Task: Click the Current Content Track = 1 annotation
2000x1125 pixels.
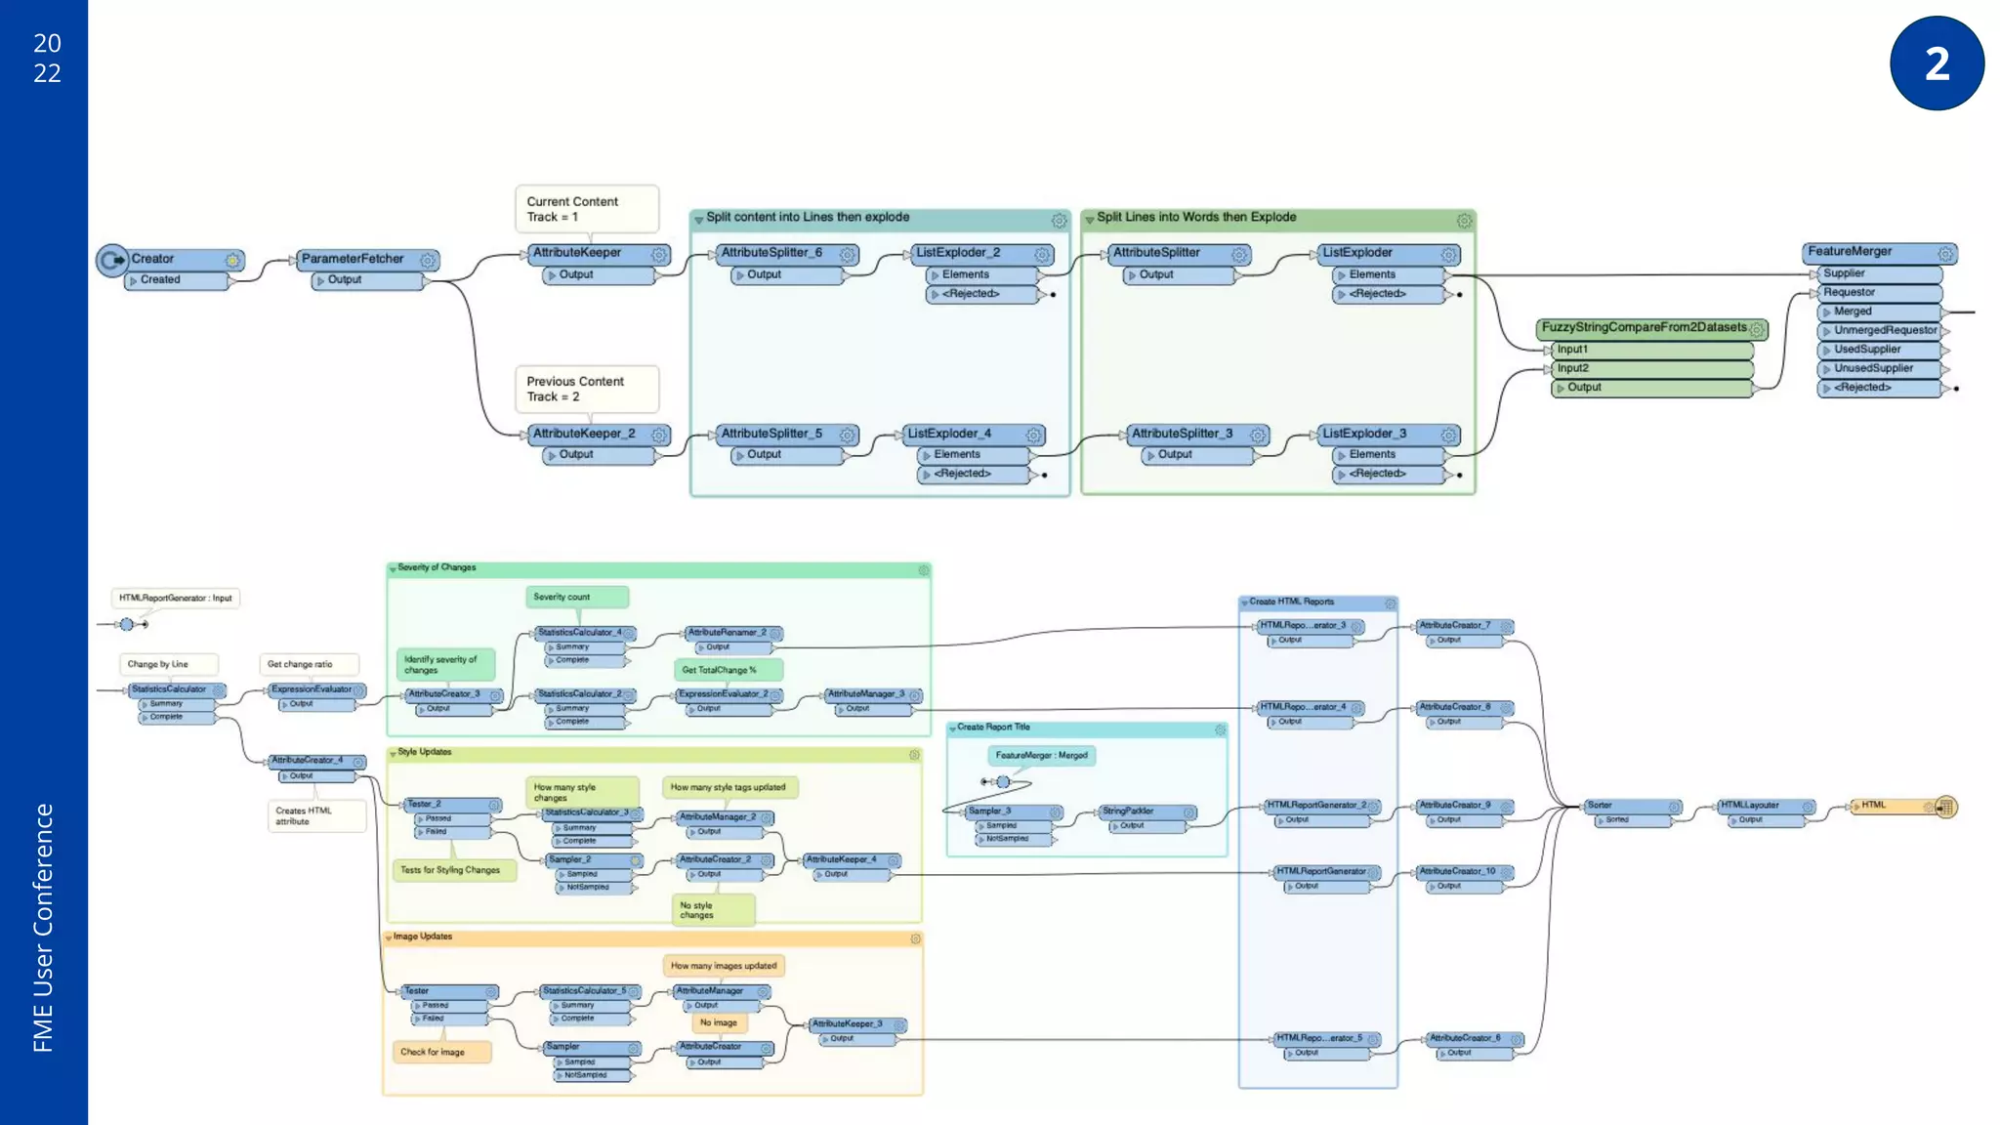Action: pyautogui.click(x=586, y=209)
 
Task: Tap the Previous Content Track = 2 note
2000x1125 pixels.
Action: pyautogui.click(x=586, y=389)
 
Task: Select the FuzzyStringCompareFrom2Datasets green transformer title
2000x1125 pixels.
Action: pyautogui.click(x=1645, y=328)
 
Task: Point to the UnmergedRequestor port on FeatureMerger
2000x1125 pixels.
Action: pyautogui.click(x=1884, y=331)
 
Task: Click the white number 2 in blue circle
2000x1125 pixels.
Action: pyautogui.click(x=1937, y=63)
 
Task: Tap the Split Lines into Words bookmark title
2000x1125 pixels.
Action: pyautogui.click(x=1196, y=218)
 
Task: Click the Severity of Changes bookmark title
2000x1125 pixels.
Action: pyautogui.click(x=437, y=567)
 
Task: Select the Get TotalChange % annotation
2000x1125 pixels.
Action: pyautogui.click(x=720, y=670)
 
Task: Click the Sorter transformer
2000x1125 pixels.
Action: pyautogui.click(x=1621, y=806)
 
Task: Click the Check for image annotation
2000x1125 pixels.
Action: pyautogui.click(x=433, y=1052)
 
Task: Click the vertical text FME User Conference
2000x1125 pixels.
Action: pyautogui.click(x=43, y=928)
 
